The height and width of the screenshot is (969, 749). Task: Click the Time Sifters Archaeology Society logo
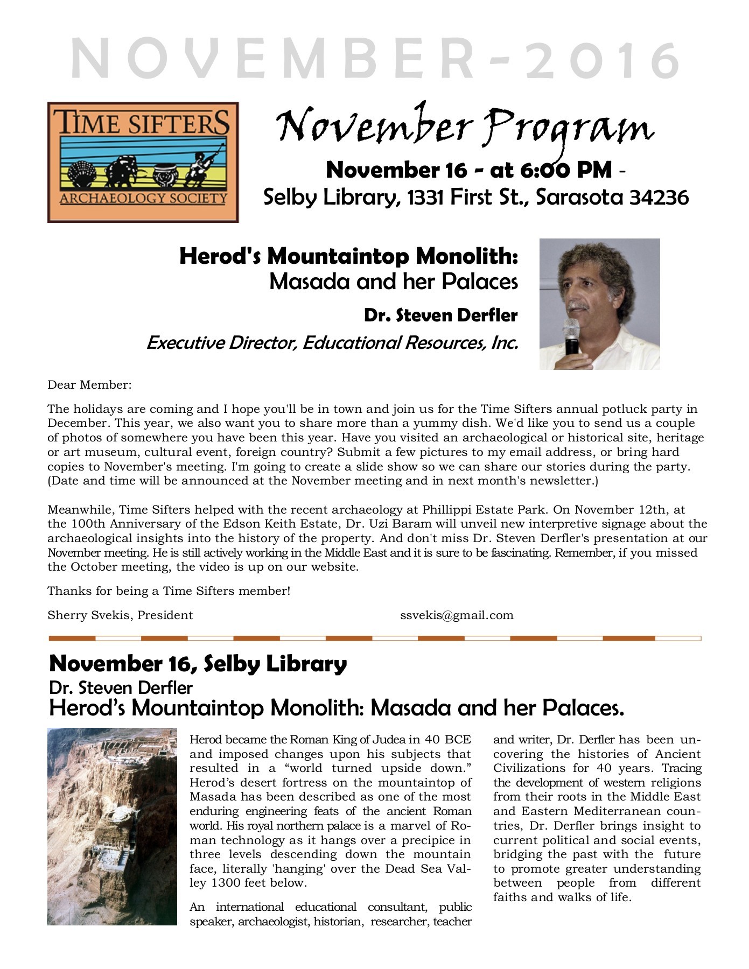coord(143,162)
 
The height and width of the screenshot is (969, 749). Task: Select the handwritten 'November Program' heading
coord(465,127)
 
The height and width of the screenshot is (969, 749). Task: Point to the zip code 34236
coord(659,198)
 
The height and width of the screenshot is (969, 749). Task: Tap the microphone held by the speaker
coord(571,335)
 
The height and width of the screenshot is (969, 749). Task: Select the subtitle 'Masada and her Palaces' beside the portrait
coord(393,282)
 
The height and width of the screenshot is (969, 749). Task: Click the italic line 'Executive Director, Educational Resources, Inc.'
coord(332,342)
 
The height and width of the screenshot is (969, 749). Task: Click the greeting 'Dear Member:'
coord(89,385)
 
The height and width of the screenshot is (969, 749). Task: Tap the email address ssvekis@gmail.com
coord(457,615)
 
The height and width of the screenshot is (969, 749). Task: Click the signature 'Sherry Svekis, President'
coord(120,615)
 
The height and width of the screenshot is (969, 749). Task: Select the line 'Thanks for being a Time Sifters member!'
coord(169,591)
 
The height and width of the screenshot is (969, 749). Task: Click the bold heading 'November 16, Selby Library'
coord(198,664)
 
